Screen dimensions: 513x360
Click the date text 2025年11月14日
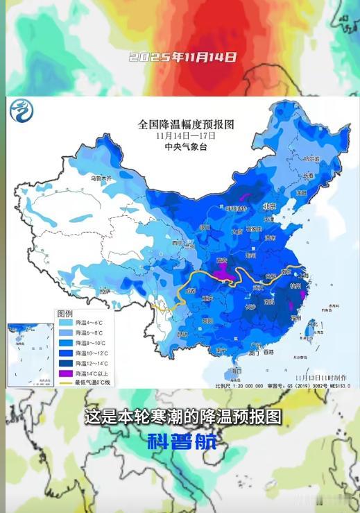click(x=182, y=58)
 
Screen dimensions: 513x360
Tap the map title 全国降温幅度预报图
click(x=186, y=124)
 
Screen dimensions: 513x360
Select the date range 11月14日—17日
click(x=186, y=136)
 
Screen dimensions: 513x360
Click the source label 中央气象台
click(x=186, y=147)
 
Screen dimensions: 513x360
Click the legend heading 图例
click(x=65, y=312)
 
